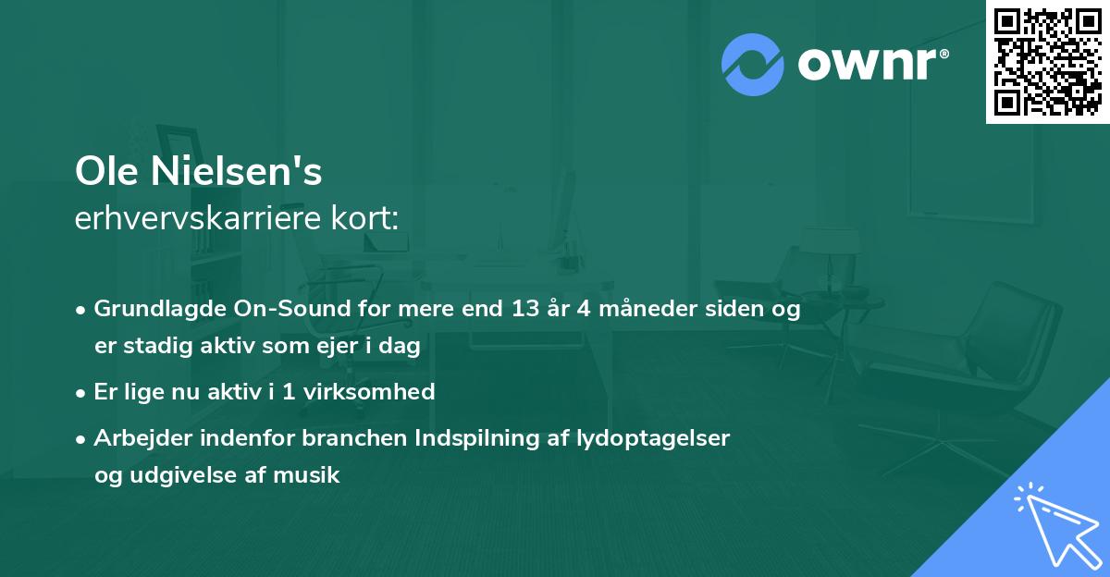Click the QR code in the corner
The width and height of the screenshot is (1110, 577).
pyautogui.click(x=1047, y=62)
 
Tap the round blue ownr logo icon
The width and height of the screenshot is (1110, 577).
pyautogui.click(x=753, y=64)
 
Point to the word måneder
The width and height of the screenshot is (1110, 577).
pyautogui.click(x=630, y=310)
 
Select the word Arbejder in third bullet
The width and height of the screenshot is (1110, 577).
pyautogui.click(x=140, y=438)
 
